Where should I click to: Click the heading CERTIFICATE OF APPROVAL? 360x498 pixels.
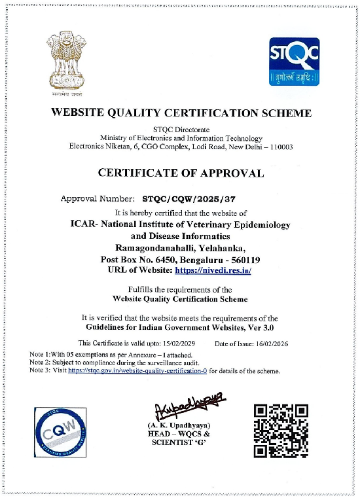[x=181, y=173]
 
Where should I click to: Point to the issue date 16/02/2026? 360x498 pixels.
[x=270, y=343]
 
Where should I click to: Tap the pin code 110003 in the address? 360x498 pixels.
[x=279, y=147]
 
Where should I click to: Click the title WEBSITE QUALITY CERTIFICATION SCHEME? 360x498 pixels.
[x=181, y=113]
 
